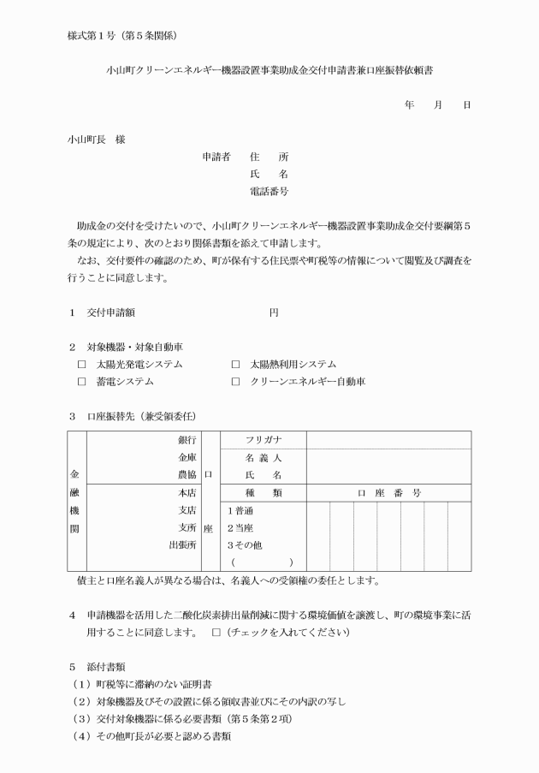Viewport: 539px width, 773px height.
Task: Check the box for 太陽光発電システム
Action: (x=82, y=364)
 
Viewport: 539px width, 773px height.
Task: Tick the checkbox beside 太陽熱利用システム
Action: (x=235, y=364)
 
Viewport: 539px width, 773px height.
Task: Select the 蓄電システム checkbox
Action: (x=82, y=382)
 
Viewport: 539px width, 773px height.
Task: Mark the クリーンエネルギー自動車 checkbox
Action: (x=235, y=382)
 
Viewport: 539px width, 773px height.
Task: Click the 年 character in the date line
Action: (x=410, y=104)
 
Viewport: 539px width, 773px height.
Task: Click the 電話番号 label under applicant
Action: (x=268, y=191)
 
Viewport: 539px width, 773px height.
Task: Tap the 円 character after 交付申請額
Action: (x=274, y=312)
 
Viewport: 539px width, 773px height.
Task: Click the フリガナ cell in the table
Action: (x=264, y=439)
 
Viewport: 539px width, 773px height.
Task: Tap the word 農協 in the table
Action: (x=187, y=474)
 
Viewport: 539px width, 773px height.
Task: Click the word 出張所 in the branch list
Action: (x=183, y=544)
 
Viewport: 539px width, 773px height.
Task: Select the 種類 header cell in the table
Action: (x=264, y=493)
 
